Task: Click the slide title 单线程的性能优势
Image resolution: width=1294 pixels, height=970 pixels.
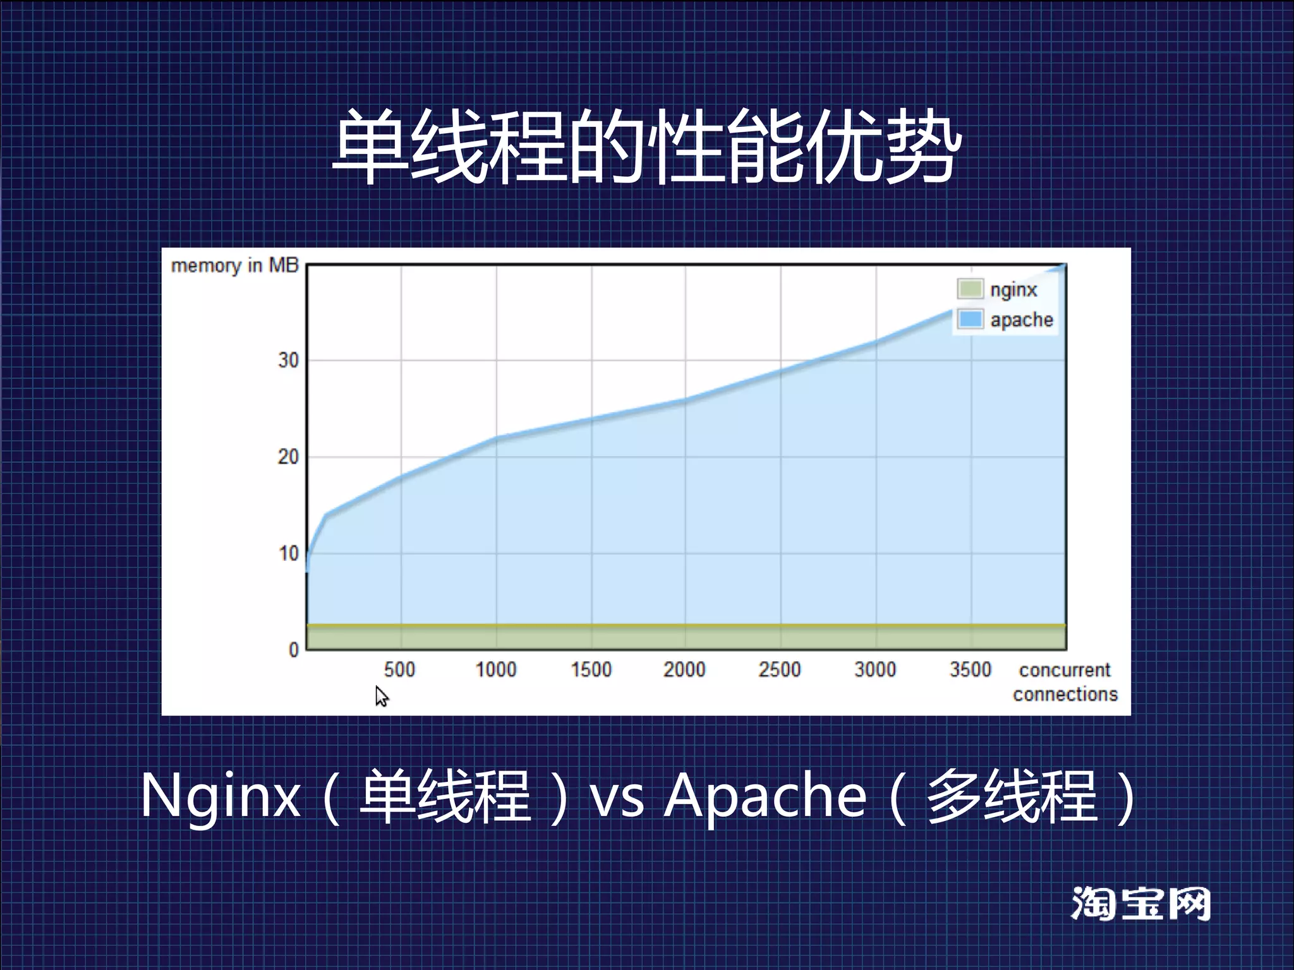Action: click(x=646, y=147)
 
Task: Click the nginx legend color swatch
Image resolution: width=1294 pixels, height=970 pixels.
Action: click(x=970, y=289)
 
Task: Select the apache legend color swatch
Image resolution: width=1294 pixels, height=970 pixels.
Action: click(x=970, y=320)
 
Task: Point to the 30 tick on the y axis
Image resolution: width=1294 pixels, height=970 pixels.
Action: click(x=288, y=361)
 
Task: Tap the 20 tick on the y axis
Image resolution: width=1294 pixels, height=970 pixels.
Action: click(x=288, y=457)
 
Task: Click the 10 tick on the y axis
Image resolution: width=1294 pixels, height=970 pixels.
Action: click(x=288, y=554)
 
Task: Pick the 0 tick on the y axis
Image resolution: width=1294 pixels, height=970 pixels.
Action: click(x=293, y=650)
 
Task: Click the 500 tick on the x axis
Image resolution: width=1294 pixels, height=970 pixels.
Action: click(x=399, y=669)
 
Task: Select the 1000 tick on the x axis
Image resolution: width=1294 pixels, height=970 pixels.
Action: click(x=496, y=669)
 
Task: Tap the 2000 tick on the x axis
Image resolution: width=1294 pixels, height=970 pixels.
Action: click(x=684, y=669)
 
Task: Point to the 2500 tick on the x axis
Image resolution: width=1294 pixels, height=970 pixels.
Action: click(x=780, y=669)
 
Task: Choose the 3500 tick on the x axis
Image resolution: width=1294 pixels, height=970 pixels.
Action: click(x=970, y=669)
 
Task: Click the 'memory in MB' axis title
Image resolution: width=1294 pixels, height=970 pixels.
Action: click(x=234, y=266)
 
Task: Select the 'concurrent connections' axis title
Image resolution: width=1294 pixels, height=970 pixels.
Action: click(x=1065, y=682)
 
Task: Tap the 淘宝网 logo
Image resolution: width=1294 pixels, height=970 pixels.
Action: click(x=1140, y=904)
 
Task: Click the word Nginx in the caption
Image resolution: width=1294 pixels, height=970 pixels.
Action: click(x=220, y=796)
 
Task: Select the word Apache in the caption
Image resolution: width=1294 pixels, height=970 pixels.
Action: click(x=765, y=796)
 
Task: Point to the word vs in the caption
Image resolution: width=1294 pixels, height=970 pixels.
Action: click(x=617, y=797)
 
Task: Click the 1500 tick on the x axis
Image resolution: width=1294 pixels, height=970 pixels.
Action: click(x=591, y=669)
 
